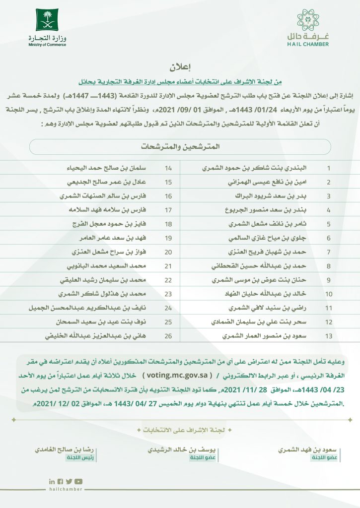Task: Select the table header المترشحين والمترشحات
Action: click(x=180, y=147)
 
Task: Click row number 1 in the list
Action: click(x=328, y=168)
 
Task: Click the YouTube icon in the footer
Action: click(x=78, y=481)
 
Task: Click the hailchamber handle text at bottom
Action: click(x=65, y=489)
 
